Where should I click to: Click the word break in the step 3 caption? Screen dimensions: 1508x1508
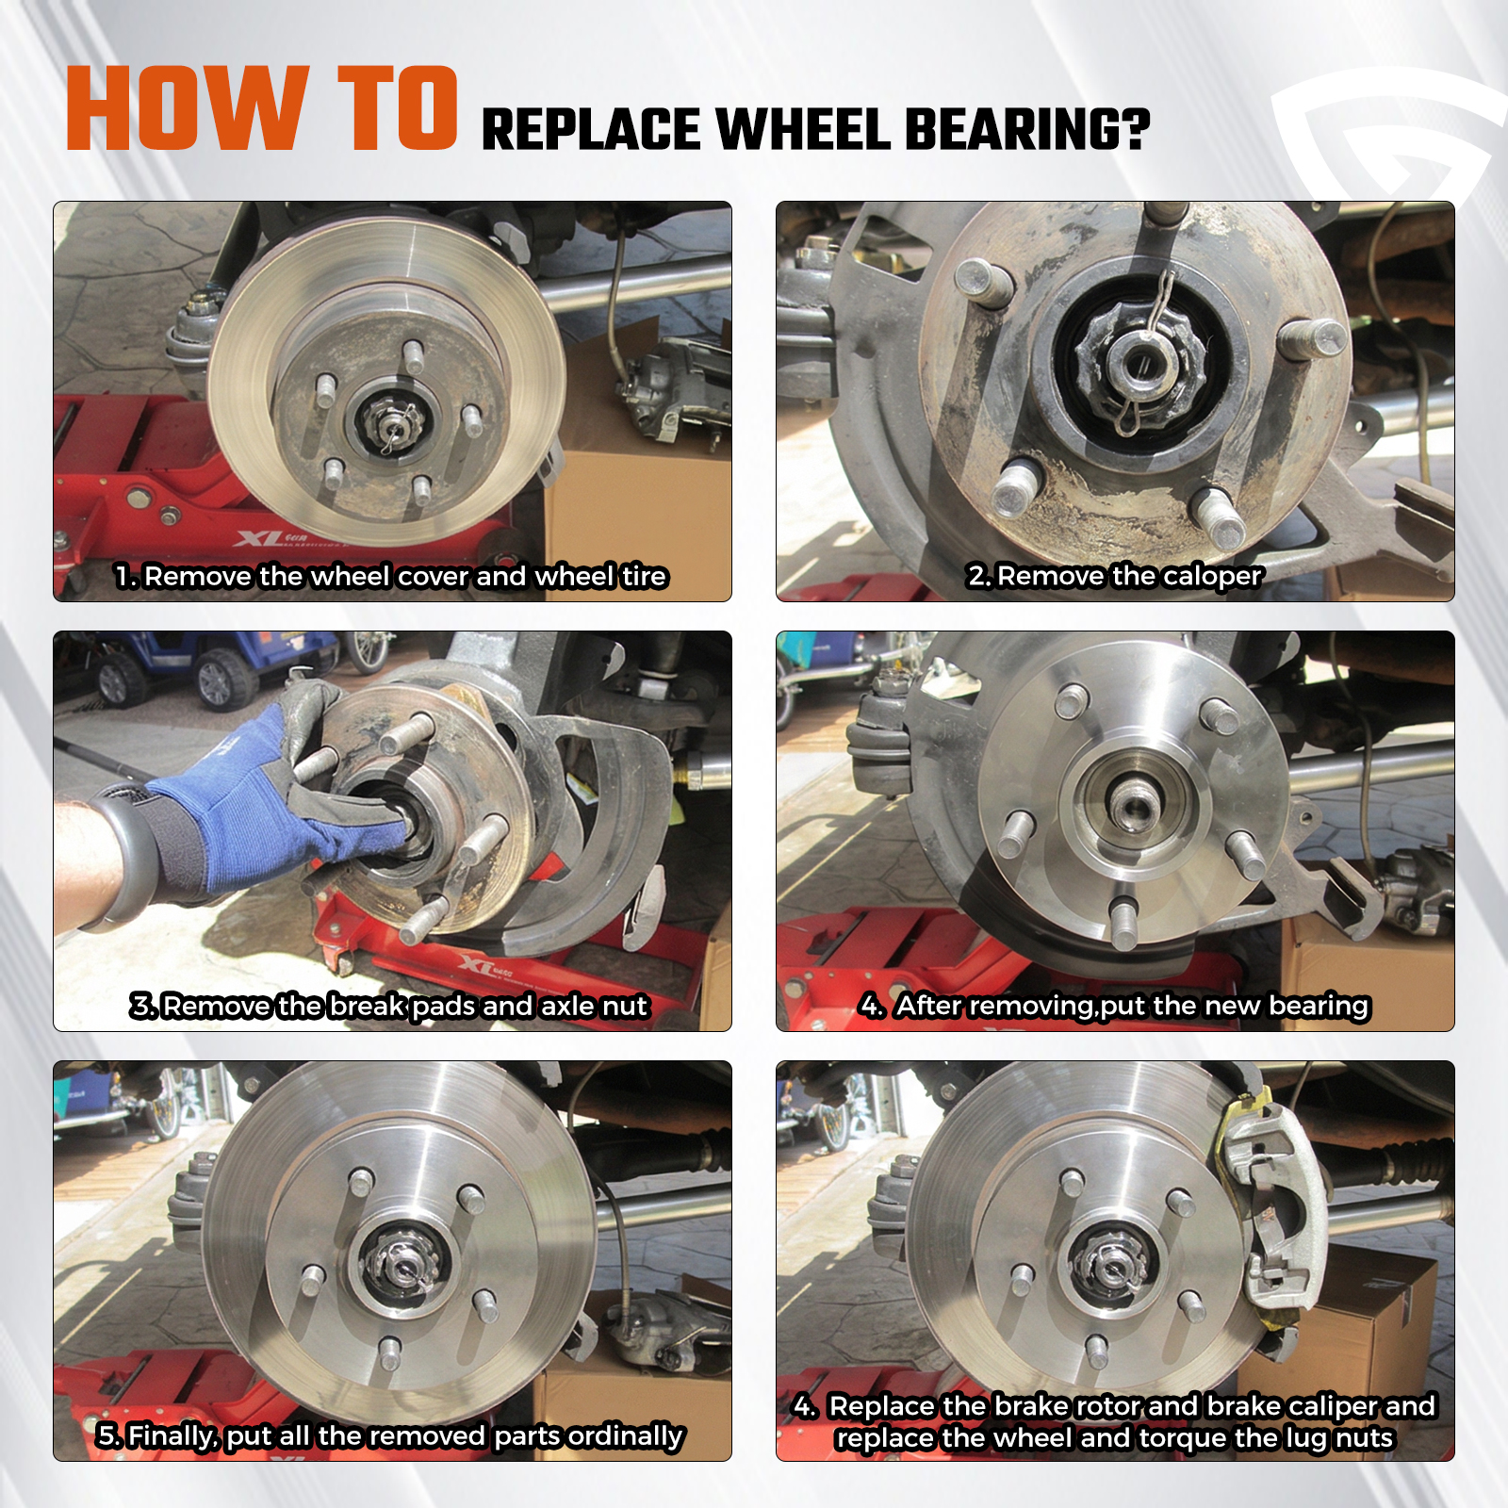pos(368,1006)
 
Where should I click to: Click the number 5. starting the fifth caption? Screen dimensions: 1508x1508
pos(109,1435)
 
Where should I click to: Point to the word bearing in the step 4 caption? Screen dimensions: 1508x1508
pos(1319,1007)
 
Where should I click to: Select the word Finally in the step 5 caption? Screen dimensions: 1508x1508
pos(173,1436)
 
